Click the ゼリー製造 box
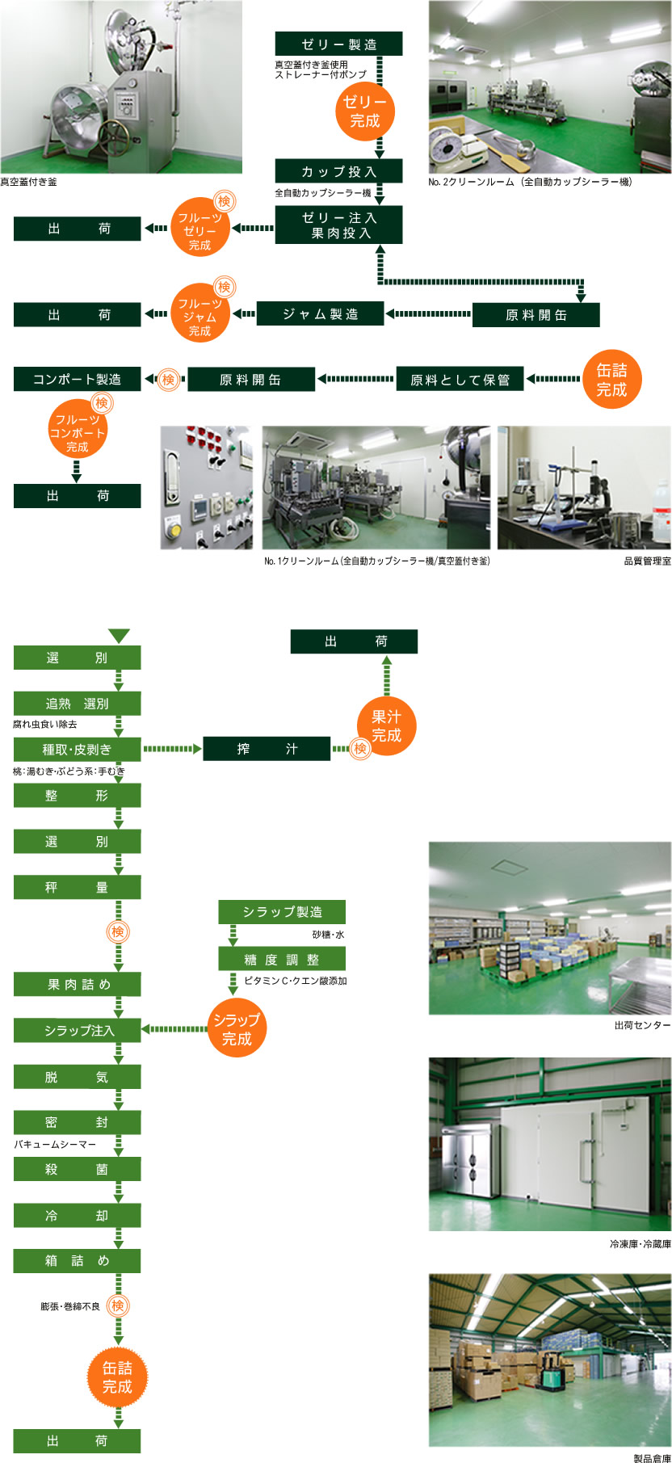[x=338, y=44]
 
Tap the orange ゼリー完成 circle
[x=364, y=111]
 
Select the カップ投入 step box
[x=338, y=171]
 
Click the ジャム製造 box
[x=320, y=313]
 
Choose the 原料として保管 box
[x=460, y=379]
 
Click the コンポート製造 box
[x=77, y=379]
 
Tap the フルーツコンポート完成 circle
[x=78, y=432]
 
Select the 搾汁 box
[x=267, y=749]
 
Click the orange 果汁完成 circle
[x=386, y=725]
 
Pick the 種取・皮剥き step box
[x=77, y=749]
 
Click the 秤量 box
[x=77, y=887]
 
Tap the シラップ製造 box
[x=282, y=912]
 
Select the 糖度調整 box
[x=282, y=959]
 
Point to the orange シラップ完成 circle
[x=237, y=1029]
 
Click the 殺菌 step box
[x=77, y=1169]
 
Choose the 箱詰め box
[x=77, y=1260]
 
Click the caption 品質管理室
[x=647, y=561]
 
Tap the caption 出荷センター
[x=642, y=1025]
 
